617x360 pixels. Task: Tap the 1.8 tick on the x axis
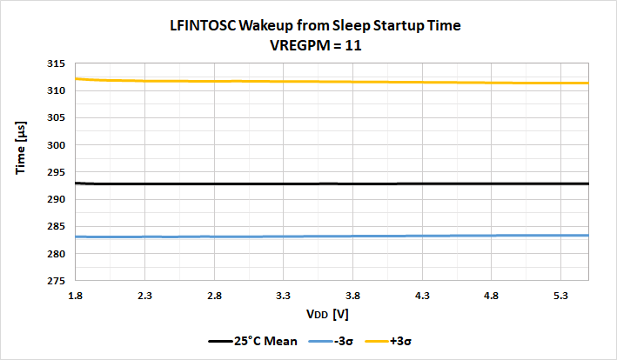(x=77, y=297)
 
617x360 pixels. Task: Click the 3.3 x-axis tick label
(x=284, y=297)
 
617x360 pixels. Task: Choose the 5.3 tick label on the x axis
(x=560, y=297)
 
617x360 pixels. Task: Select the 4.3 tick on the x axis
(x=422, y=297)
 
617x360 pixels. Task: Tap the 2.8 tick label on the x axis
(x=215, y=297)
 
